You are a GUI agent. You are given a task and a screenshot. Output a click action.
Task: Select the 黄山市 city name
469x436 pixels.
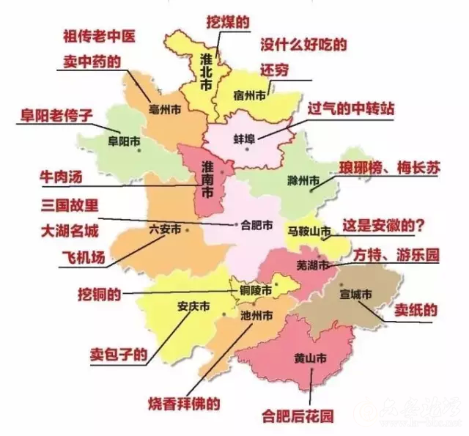click(x=310, y=359)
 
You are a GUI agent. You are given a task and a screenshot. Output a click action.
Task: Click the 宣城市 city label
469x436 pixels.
click(x=357, y=294)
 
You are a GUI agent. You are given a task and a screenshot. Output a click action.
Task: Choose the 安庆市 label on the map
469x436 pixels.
click(x=193, y=306)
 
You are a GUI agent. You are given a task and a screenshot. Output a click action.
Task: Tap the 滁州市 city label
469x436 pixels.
click(x=303, y=180)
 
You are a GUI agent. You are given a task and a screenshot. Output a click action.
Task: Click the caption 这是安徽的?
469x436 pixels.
click(x=380, y=225)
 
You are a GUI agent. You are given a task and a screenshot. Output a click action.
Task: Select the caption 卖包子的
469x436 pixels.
click(x=118, y=353)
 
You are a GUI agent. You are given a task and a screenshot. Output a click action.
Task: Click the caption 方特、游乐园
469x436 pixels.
click(x=396, y=256)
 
